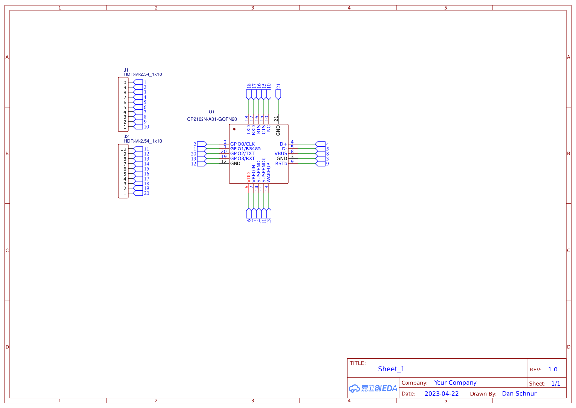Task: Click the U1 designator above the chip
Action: [212, 112]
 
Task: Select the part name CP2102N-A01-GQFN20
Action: [212, 119]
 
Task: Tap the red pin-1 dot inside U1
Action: [234, 129]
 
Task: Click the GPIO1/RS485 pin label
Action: [245, 148]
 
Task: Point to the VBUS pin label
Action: [281, 153]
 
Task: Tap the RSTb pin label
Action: [281, 163]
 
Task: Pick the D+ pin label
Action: [283, 144]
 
